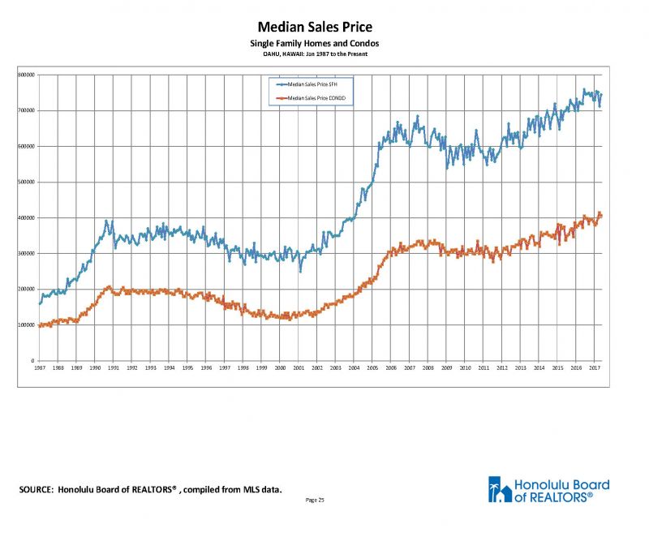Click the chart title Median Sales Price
point(315,28)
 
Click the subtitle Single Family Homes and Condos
point(315,43)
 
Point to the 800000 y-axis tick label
point(25,75)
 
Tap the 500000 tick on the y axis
point(25,182)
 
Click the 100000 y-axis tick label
point(25,324)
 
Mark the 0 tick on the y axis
point(32,361)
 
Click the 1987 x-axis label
point(39,368)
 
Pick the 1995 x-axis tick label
point(187,368)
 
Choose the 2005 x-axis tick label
point(373,368)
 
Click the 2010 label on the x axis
point(466,368)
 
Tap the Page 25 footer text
point(316,500)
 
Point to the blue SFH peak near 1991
point(106,221)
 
